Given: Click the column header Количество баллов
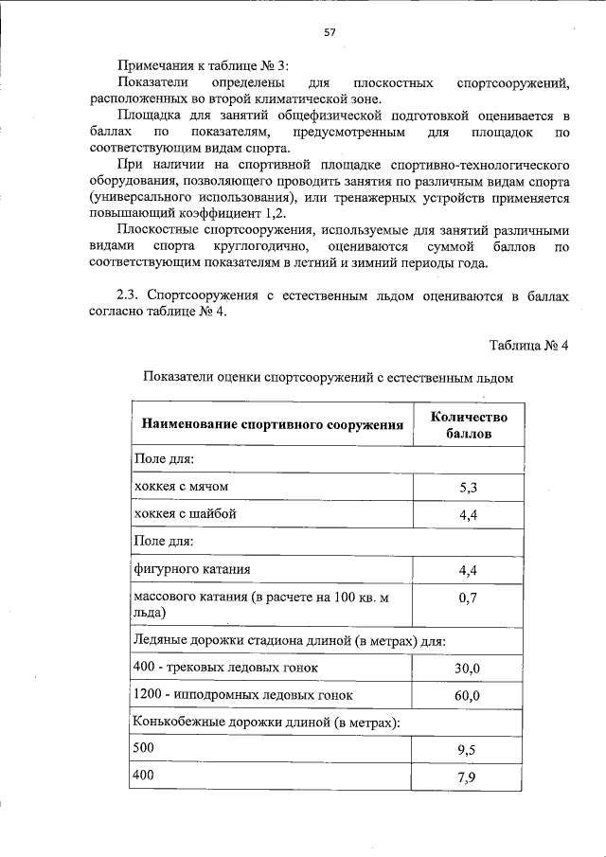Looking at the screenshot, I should click(469, 425).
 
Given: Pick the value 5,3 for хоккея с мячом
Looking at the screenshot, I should click(469, 488).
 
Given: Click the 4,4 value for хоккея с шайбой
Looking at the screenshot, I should click(469, 515).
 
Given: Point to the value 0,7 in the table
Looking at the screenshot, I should click(469, 599).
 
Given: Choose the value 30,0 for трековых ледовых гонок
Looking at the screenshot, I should click(469, 670).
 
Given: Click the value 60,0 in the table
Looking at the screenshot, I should click(469, 696).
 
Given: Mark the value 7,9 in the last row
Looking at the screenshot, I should click(469, 779).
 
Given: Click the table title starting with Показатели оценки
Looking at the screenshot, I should click(328, 378).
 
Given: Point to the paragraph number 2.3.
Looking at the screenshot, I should click(128, 296).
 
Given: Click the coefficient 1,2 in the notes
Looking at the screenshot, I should click(276, 213).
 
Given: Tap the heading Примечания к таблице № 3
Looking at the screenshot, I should click(201, 65).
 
